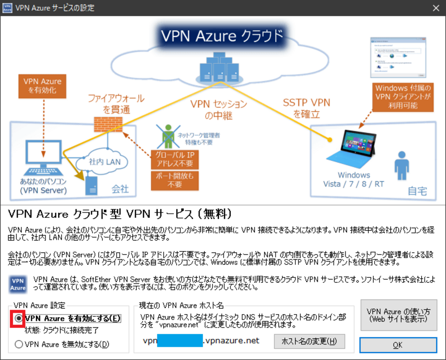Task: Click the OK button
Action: pyautogui.click(x=398, y=345)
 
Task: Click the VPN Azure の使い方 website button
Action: pyautogui.click(x=398, y=315)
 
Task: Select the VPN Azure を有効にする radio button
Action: pyautogui.click(x=19, y=319)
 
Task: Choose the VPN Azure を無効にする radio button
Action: pyautogui.click(x=19, y=344)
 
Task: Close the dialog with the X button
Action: pyautogui.click(x=436, y=8)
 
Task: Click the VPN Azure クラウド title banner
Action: pyautogui.click(x=222, y=36)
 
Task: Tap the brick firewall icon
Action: pyautogui.click(x=108, y=124)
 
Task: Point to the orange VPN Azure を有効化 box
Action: pyautogui.click(x=42, y=86)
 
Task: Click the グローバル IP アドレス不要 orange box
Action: pyautogui.click(x=175, y=159)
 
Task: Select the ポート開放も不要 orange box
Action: pyautogui.click(x=175, y=180)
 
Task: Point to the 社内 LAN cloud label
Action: pyautogui.click(x=104, y=162)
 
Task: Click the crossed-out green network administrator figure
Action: pyautogui.click(x=168, y=136)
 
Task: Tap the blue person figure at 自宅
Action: pyautogui.click(x=401, y=165)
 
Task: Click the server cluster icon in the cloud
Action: pyautogui.click(x=220, y=68)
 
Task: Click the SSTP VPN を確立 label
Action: pyautogui.click(x=306, y=108)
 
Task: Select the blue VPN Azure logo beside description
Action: pyautogui.click(x=18, y=284)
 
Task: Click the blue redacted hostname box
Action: pyautogui.click(x=180, y=341)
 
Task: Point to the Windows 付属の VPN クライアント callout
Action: pyautogui.click(x=403, y=97)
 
